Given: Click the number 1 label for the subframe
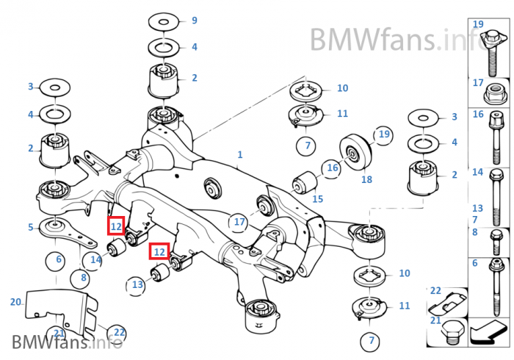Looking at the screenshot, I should (239, 155).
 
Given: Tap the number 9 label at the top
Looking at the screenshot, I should (194, 21).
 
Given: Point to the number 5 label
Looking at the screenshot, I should (31, 227).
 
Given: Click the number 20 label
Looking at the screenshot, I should (16, 302).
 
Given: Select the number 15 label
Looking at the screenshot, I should (317, 198).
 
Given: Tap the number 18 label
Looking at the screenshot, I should (366, 179).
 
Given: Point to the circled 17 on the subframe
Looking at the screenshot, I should (239, 221).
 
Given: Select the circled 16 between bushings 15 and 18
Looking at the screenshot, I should (333, 168).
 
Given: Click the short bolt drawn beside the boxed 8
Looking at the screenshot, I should (495, 237).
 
